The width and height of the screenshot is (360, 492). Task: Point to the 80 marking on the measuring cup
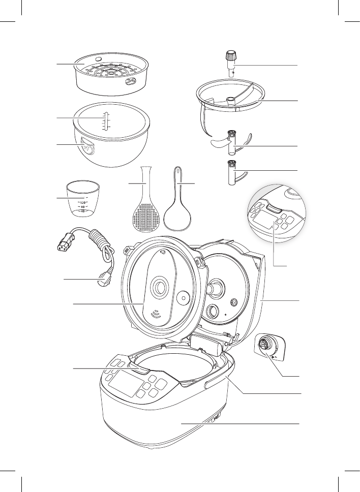coord(83,206)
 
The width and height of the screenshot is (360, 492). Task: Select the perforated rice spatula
coord(145,208)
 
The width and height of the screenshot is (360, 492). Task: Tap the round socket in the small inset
coord(265,345)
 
